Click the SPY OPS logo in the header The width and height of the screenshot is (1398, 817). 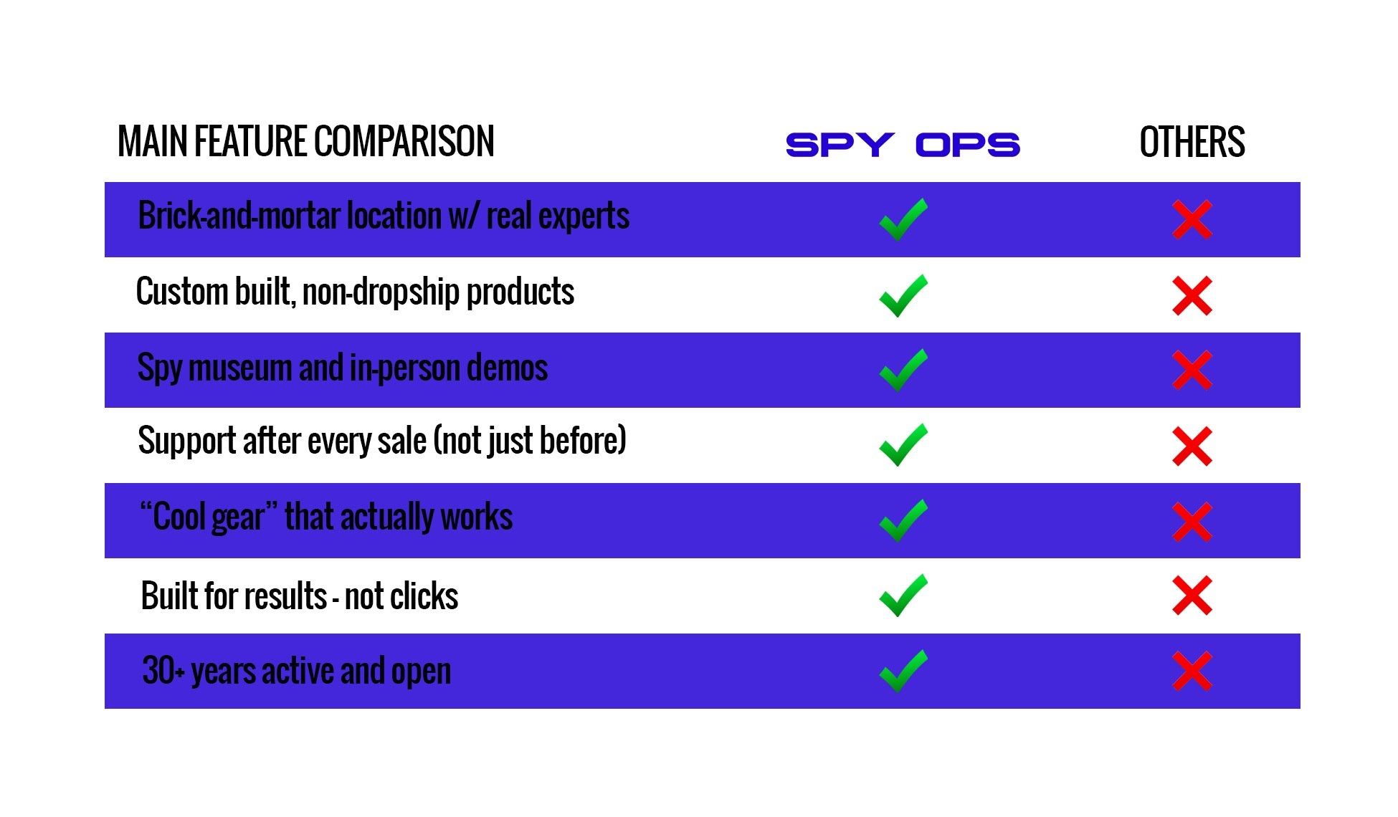click(903, 145)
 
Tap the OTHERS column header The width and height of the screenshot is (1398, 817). click(1192, 142)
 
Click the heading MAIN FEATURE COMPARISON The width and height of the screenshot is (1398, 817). click(306, 141)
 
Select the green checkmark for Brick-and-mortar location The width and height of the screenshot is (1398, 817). click(903, 219)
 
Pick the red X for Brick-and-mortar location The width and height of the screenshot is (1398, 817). click(1192, 219)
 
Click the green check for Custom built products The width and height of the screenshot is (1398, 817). click(903, 295)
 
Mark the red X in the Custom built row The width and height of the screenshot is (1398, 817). click(1192, 295)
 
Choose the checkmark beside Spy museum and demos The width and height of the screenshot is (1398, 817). click(903, 370)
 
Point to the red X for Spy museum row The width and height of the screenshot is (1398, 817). click(1192, 370)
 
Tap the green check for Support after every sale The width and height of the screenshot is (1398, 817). click(903, 445)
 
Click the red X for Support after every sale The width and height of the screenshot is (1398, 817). click(1192, 446)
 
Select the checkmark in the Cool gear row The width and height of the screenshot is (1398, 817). click(903, 520)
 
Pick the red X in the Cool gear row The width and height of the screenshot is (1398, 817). click(1192, 521)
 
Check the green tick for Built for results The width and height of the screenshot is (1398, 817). click(903, 596)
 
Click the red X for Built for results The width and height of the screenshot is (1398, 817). click(1192, 596)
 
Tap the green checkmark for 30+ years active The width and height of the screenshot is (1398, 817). click(903, 671)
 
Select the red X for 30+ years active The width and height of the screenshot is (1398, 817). click(1192, 671)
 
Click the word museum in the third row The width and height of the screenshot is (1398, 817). click(240, 368)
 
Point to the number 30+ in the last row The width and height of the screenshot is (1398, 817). click(163, 671)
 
